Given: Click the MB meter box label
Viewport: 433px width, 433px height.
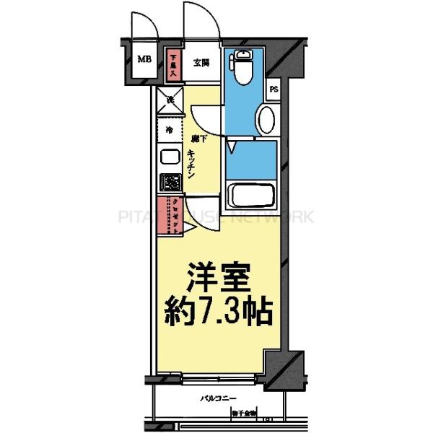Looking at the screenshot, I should pyautogui.click(x=144, y=60).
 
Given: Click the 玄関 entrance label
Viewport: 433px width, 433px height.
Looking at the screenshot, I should pyautogui.click(x=201, y=63).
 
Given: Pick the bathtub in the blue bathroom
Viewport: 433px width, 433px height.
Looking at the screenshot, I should pyautogui.click(x=250, y=195).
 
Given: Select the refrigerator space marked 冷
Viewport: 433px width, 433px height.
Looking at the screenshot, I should pyautogui.click(x=170, y=131).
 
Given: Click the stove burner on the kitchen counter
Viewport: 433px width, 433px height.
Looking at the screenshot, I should pyautogui.click(x=170, y=183).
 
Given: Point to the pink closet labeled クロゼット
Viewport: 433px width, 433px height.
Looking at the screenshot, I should pyautogui.click(x=174, y=215).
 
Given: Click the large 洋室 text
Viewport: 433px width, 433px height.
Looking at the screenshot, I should pyautogui.click(x=219, y=277).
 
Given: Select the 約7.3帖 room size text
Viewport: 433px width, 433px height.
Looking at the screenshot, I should pyautogui.click(x=219, y=312).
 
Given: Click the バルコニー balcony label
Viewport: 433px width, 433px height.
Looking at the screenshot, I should pyautogui.click(x=216, y=398).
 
